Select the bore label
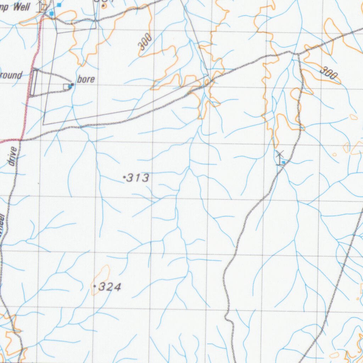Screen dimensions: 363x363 tap(86, 79)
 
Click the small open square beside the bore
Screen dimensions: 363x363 tap(66, 86)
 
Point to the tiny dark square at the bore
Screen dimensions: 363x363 tap(72, 85)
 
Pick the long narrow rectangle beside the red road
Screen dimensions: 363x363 tap(34, 83)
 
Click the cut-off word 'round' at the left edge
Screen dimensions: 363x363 tap(11, 75)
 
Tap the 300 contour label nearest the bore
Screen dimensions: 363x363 tap(145, 41)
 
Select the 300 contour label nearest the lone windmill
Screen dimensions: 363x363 tap(328, 74)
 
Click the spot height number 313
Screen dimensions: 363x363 tap(138, 178)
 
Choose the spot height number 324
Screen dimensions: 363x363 tap(110, 287)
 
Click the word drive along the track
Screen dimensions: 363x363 tap(13, 156)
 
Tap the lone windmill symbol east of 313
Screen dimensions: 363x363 tap(280, 155)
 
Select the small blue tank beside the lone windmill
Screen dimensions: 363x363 tap(284, 162)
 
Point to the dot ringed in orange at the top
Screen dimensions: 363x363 tap(104, 6)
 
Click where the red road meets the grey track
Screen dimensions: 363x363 tap(21, 140)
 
